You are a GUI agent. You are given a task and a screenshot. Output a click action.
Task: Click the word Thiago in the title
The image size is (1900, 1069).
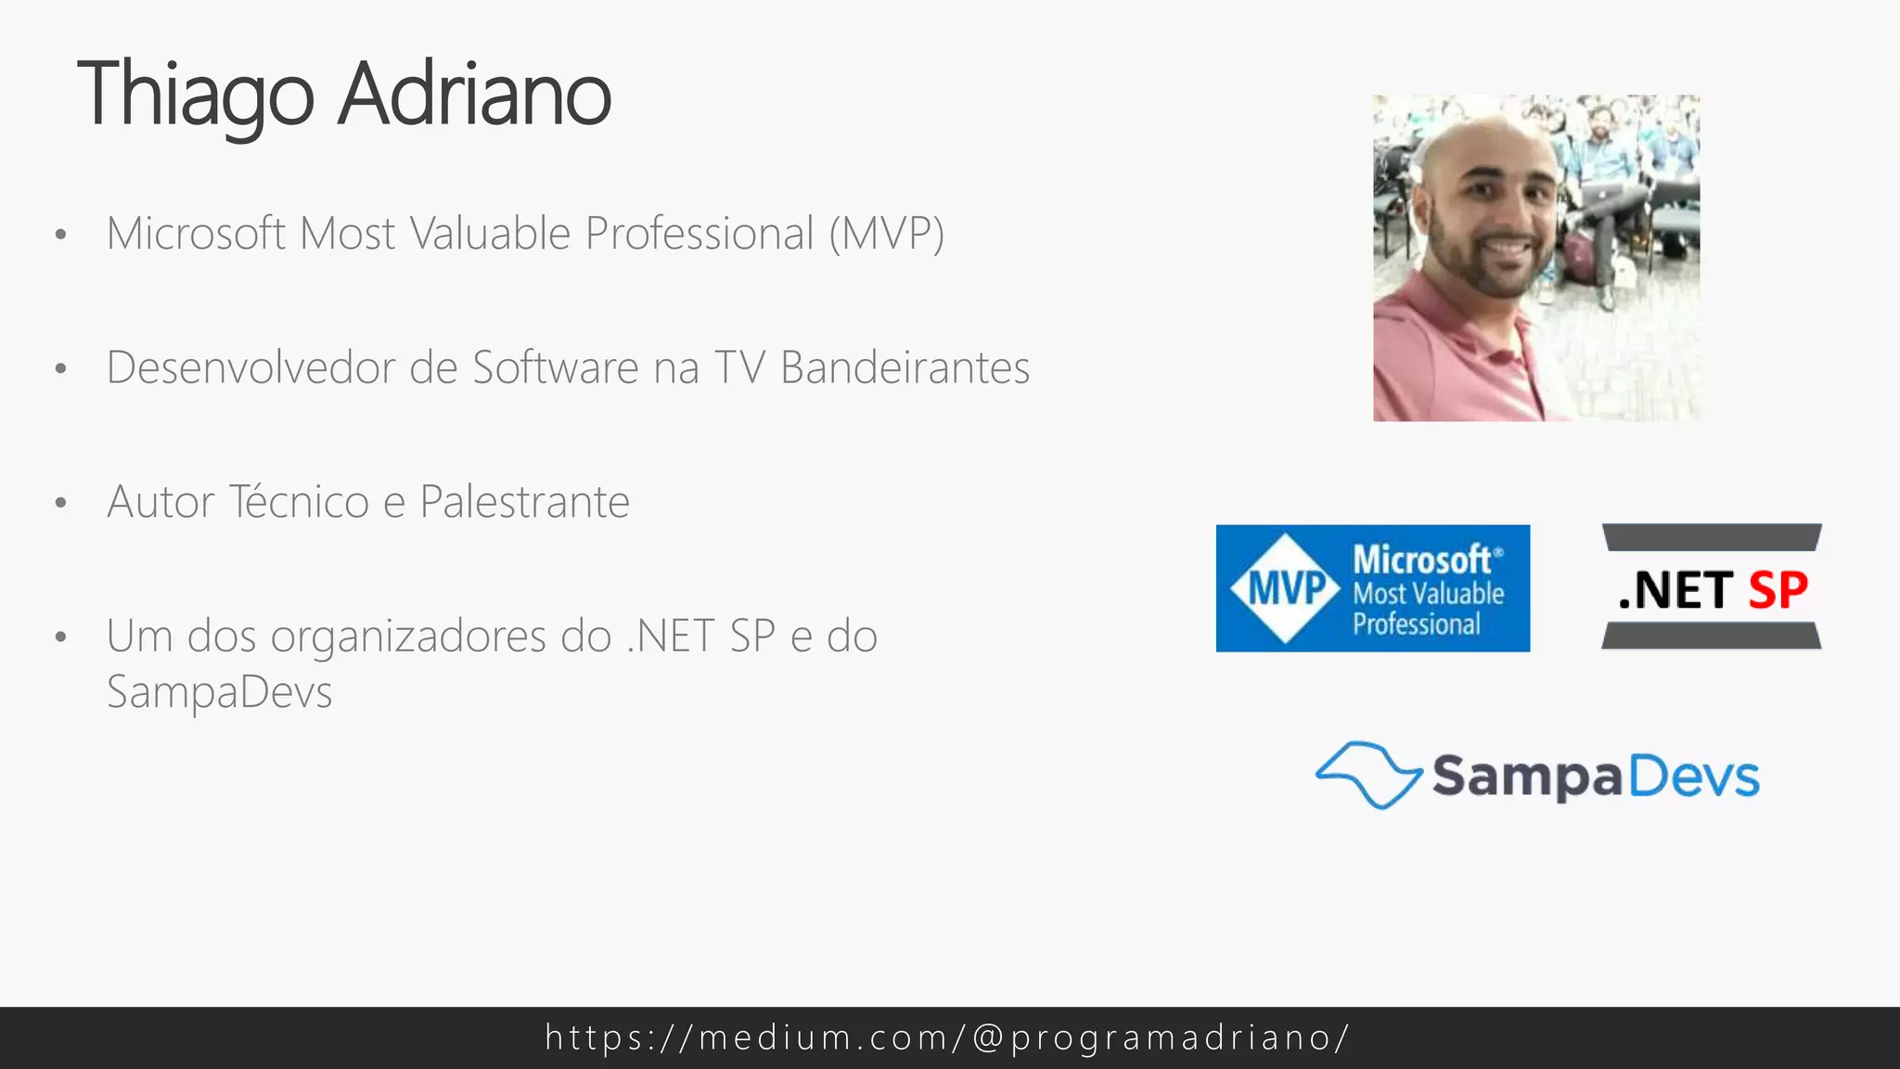196,95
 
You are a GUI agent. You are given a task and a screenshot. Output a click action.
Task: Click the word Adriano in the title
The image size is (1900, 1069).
474,95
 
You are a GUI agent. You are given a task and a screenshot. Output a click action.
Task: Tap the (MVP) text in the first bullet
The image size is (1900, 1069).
886,234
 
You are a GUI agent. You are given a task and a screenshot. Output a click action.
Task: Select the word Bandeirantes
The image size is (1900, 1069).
905,367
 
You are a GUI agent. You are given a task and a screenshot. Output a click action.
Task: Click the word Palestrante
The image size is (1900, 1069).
524,502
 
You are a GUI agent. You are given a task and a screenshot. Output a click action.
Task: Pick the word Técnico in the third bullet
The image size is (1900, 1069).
299,502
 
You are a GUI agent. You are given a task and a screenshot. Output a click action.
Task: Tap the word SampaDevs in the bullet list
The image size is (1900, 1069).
219,692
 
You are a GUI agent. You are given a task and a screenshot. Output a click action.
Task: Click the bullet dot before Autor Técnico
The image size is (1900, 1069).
61,503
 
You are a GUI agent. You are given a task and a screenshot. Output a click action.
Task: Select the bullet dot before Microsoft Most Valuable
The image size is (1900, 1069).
61,235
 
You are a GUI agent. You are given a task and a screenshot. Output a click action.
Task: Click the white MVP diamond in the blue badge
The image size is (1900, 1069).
1285,588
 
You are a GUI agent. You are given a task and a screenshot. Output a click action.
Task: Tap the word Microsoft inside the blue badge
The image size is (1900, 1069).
1421,560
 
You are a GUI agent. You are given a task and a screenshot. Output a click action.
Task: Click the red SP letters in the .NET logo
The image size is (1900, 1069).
1778,590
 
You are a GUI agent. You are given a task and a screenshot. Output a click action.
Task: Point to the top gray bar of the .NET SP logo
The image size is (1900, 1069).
1712,537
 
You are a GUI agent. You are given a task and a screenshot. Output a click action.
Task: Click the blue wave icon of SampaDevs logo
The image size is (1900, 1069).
1368,775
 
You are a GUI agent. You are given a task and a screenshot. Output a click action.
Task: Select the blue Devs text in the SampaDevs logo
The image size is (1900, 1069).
1693,777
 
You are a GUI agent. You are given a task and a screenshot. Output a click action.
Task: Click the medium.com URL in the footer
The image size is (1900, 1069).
947,1037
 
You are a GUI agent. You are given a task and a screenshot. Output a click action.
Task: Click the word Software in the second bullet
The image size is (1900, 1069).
555,367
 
